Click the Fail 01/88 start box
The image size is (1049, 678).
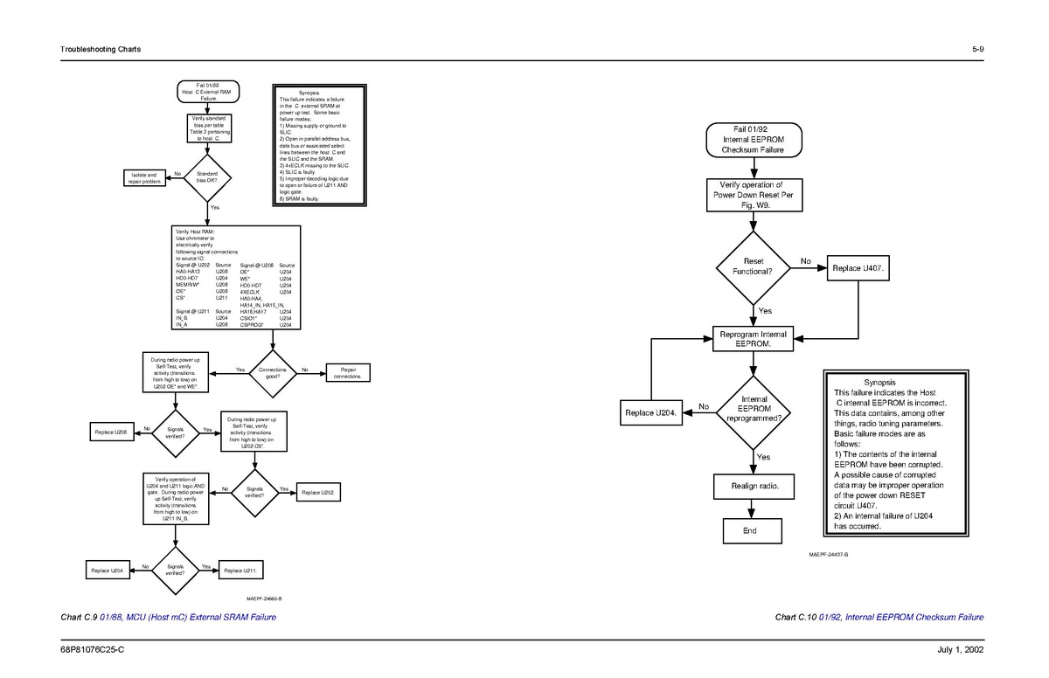coord(207,92)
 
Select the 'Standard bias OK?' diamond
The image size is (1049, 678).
coord(207,177)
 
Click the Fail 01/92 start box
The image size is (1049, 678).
coord(753,140)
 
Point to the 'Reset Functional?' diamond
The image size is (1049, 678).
coord(753,266)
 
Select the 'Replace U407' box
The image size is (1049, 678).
coord(859,267)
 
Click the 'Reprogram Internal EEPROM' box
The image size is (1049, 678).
coord(753,339)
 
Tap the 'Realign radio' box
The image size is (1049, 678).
coord(753,485)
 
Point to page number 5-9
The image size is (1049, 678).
coord(977,49)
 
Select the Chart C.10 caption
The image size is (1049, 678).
coord(879,618)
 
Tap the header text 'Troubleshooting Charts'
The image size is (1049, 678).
coord(101,49)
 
